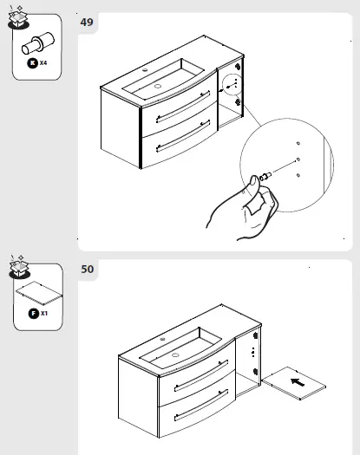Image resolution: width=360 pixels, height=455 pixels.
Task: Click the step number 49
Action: (x=87, y=22)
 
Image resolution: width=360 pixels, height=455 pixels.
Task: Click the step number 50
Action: (x=87, y=270)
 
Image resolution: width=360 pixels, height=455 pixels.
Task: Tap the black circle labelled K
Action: (x=31, y=63)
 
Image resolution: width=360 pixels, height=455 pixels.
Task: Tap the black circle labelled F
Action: (x=32, y=313)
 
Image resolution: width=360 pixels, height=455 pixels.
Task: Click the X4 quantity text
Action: (x=43, y=63)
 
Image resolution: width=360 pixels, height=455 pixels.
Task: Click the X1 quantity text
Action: (x=44, y=313)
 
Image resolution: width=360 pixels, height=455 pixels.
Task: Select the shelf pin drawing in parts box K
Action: (x=36, y=42)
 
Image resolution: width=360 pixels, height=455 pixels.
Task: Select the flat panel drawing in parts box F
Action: (x=36, y=291)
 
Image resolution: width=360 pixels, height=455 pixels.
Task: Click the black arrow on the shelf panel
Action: (x=297, y=380)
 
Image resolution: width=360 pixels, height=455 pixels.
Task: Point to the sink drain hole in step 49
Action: (x=159, y=86)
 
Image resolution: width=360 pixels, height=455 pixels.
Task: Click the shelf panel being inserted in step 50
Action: (x=295, y=381)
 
